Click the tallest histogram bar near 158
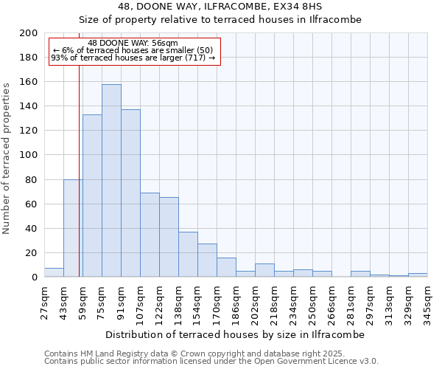111,181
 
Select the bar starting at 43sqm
73,228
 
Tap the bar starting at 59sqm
92,196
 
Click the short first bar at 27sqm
54,272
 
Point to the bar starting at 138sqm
188,255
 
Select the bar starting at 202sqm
264,270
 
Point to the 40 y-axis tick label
32,229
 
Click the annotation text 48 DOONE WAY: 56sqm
133,44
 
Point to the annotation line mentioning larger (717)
133,58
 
